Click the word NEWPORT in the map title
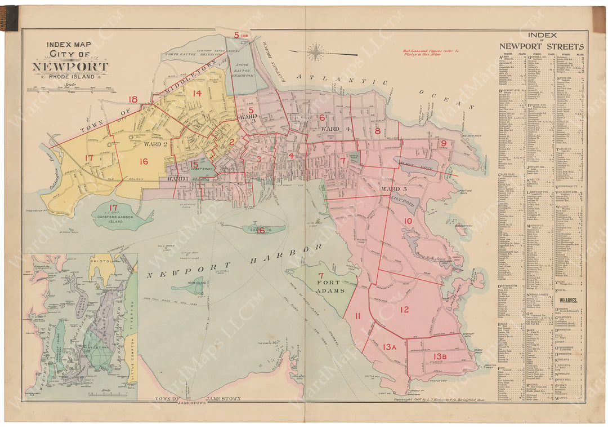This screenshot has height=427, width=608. (x=70, y=67)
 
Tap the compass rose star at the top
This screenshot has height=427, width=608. (x=316, y=52)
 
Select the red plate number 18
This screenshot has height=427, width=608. (x=132, y=100)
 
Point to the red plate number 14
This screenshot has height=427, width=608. (x=196, y=94)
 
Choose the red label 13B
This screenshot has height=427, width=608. (x=441, y=356)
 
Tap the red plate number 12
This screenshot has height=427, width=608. (x=404, y=309)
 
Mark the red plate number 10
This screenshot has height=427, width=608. (x=408, y=221)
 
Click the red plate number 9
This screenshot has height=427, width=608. (x=444, y=143)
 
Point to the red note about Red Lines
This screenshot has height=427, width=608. (x=431, y=53)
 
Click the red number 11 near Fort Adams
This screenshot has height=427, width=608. (x=357, y=316)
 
